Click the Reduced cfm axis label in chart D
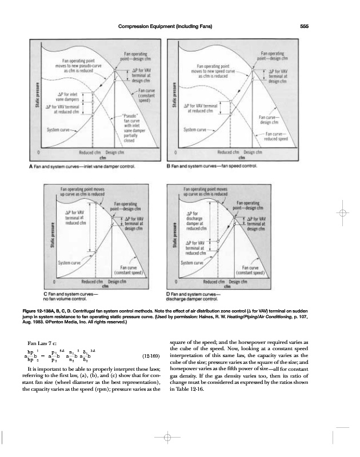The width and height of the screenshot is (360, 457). point(214,282)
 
